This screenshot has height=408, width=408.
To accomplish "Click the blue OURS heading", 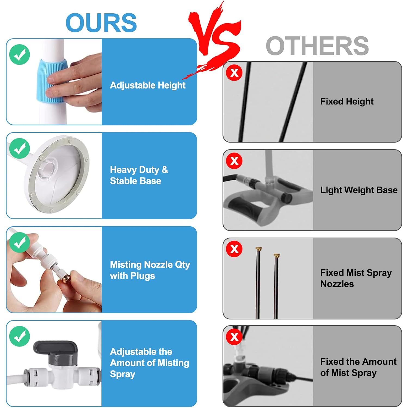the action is pyautogui.click(x=101, y=23).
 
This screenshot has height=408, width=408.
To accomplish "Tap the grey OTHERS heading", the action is pyautogui.click(x=317, y=46).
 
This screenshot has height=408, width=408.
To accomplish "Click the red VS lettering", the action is pyautogui.click(x=215, y=35).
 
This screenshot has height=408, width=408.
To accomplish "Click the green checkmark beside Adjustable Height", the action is pyautogui.click(x=20, y=55).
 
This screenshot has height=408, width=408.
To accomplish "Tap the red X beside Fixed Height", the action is pyautogui.click(x=234, y=73).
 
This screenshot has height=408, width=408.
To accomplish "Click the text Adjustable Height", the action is pyautogui.click(x=148, y=85).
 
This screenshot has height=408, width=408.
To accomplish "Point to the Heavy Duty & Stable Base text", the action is pyautogui.click(x=139, y=175).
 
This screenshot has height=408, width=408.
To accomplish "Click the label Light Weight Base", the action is pyautogui.click(x=359, y=190).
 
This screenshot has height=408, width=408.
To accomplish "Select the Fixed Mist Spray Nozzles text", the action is pyautogui.click(x=356, y=278).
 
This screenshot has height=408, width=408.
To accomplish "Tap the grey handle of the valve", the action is pyautogui.click(x=55, y=347).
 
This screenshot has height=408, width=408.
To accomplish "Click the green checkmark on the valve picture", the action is pyautogui.click(x=20, y=336).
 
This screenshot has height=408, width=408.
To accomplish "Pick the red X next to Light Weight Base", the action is pyautogui.click(x=234, y=161).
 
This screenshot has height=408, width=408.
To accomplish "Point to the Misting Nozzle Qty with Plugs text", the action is pyautogui.click(x=150, y=270).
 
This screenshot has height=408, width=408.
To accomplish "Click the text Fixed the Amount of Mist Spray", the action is pyautogui.click(x=358, y=367).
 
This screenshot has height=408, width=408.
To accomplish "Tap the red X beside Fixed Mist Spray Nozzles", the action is pyautogui.click(x=234, y=249).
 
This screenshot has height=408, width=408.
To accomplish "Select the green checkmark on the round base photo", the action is pyautogui.click(x=20, y=148).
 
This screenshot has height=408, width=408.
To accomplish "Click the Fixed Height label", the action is pyautogui.click(x=347, y=101).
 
